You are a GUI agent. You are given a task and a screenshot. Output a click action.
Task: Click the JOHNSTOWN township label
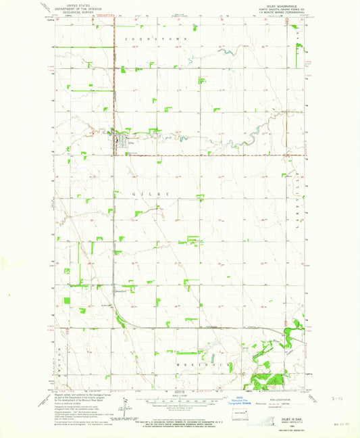(x=155, y=40)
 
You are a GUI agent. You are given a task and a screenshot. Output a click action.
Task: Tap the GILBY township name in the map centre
(x=149, y=194)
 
